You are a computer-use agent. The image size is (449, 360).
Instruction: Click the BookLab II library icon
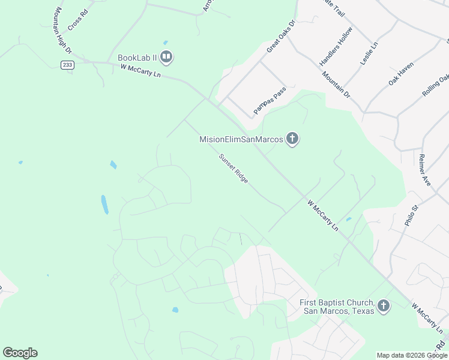(x=167, y=58)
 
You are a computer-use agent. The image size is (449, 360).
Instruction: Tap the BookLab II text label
(x=137, y=58)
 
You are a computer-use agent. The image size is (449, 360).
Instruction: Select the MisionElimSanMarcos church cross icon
(x=292, y=139)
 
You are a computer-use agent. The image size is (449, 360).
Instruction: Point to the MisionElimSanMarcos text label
(x=241, y=139)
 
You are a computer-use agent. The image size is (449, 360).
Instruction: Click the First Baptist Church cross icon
(x=384, y=307)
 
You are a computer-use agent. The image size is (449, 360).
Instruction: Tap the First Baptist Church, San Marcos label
(x=337, y=307)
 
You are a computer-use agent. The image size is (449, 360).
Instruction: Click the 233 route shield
(x=66, y=65)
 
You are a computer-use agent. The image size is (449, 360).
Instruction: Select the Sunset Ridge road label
(x=234, y=169)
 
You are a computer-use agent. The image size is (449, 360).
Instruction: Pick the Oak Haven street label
(x=401, y=74)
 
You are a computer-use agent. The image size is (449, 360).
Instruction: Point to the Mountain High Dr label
(x=62, y=31)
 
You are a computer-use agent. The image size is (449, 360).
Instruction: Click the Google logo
(x=20, y=353)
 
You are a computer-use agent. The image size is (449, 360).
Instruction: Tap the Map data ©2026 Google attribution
(x=411, y=355)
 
